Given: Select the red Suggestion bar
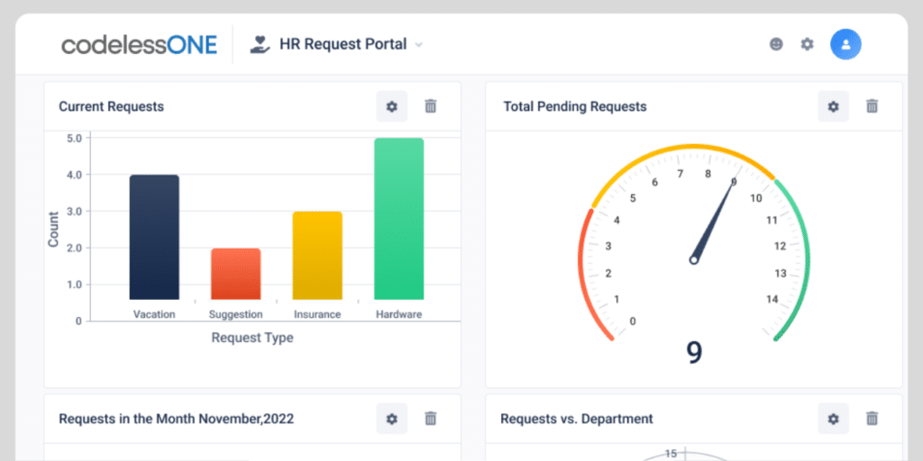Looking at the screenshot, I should [x=235, y=274].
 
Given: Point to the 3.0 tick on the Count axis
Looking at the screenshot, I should [x=73, y=212].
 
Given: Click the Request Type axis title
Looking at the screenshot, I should [x=252, y=338].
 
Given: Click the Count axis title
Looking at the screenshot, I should [x=53, y=230].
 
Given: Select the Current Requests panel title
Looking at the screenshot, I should [x=111, y=106].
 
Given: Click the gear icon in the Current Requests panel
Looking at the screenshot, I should [x=392, y=106].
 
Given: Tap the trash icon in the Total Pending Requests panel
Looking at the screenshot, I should [x=872, y=106].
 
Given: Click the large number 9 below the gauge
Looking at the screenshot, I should [x=694, y=352].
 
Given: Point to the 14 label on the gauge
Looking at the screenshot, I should [x=772, y=300].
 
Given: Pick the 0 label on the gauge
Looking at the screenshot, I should [x=633, y=321].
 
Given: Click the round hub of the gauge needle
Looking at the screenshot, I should [x=694, y=260].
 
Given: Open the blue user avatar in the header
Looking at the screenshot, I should [x=845, y=43].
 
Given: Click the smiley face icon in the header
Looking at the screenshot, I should [x=776, y=43].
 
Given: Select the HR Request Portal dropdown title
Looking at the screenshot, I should [x=343, y=43].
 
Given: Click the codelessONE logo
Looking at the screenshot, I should [x=139, y=44].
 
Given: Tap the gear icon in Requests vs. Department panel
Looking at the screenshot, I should [x=833, y=419].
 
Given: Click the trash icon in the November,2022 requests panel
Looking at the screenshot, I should [x=431, y=419].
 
